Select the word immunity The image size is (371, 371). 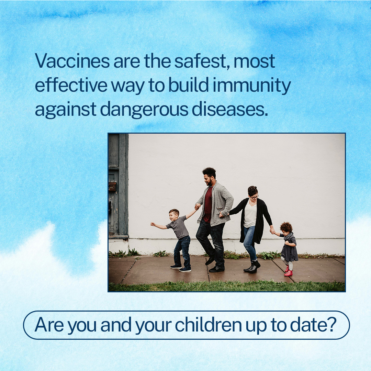(x=251, y=86)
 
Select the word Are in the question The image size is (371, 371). (x=49, y=325)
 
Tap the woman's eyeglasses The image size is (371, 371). (x=254, y=197)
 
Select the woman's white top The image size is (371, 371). (x=250, y=215)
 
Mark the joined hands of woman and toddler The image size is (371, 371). (x=273, y=232)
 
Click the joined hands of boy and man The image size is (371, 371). (x=197, y=206)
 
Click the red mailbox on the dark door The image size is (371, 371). (x=112, y=186)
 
